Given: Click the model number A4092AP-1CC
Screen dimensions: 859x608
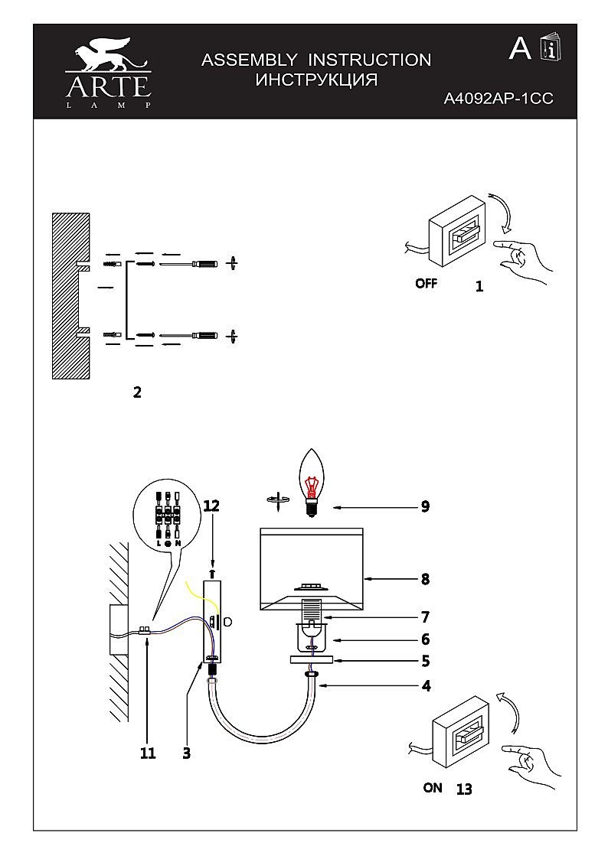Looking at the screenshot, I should tap(498, 98).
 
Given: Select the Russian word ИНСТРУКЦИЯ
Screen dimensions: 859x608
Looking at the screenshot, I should tap(316, 80).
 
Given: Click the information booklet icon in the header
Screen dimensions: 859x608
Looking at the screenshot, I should tap(550, 48).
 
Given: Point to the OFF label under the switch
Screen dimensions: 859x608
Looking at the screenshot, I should tap(427, 283).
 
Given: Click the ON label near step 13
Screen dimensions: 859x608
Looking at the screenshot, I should tap(433, 787).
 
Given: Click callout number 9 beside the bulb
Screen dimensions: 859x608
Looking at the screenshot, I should tap(425, 506).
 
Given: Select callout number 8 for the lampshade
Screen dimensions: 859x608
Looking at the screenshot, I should tap(425, 579).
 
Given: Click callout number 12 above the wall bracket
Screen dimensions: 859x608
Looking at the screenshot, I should tap(211, 506).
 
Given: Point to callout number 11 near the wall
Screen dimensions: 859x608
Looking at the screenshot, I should tap(148, 753).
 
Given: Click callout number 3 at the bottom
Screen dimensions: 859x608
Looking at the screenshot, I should tap(186, 753).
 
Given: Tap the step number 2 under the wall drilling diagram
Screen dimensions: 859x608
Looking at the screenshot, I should tap(137, 392).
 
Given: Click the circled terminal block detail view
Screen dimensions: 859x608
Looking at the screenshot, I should tap(168, 517).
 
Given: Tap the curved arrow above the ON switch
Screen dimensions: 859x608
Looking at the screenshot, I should tap(508, 711).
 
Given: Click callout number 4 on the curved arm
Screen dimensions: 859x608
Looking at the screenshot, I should tap(425, 686).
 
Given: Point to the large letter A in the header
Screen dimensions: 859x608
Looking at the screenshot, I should tap(521, 49).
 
